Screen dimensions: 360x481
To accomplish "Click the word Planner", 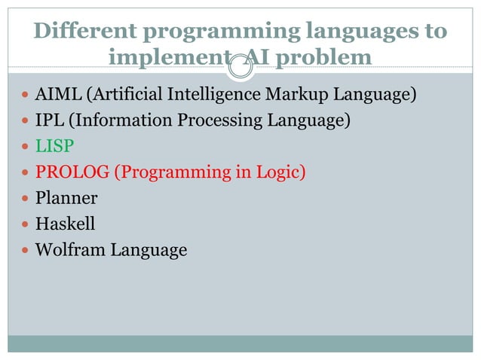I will coord(66,199).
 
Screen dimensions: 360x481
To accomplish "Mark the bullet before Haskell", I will coord(26,224).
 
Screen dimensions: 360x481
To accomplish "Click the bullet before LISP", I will coord(26,148).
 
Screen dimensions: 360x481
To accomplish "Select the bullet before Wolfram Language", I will coord(26,250).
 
